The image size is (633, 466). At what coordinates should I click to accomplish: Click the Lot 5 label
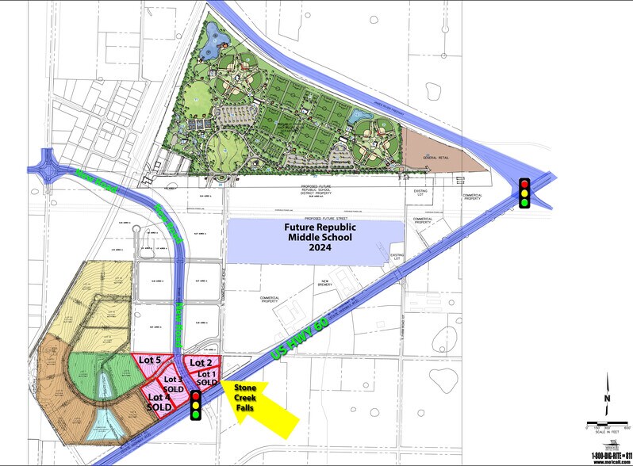coord(150,360)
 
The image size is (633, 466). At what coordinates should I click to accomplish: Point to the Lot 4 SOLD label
coord(159,401)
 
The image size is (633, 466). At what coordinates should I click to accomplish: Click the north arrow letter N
coord(607,399)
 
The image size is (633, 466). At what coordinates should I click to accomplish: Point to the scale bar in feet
coord(606,423)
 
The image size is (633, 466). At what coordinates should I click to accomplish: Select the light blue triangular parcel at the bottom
coord(106,426)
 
